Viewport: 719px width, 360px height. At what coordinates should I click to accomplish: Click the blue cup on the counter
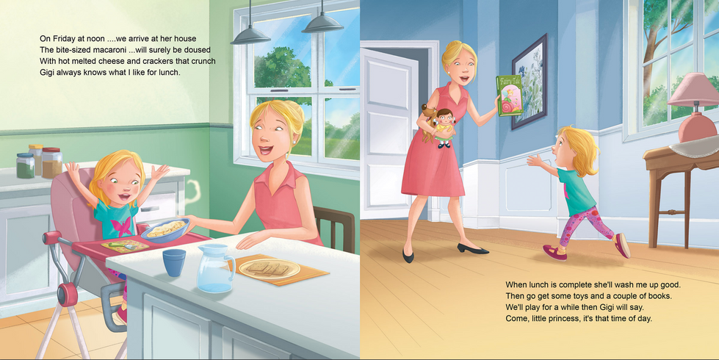(174, 262)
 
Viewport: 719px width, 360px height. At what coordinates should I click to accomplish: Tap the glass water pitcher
(214, 268)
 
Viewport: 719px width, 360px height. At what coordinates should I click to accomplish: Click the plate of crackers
(270, 269)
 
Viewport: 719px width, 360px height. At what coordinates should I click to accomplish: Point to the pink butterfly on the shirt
(121, 226)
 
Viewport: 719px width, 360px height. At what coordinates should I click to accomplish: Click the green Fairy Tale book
(510, 96)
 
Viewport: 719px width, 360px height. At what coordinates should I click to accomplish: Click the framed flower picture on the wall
(530, 82)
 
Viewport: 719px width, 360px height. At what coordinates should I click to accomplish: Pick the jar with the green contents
(25, 165)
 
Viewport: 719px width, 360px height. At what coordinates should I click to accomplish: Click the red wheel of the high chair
(68, 295)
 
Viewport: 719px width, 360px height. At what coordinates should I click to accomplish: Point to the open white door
(390, 131)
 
